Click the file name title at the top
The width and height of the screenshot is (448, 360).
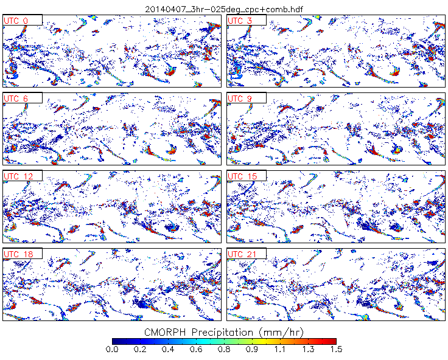point(223,9)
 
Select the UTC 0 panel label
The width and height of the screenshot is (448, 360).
point(17,21)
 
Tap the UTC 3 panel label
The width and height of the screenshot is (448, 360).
point(241,21)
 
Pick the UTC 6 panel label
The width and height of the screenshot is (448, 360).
point(17,99)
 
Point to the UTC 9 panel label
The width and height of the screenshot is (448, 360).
point(241,99)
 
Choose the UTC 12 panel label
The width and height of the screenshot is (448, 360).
point(18,176)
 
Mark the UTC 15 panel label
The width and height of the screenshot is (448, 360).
point(242,176)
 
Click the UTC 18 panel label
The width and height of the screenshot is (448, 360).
point(18,254)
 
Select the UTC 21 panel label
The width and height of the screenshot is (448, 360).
point(242,254)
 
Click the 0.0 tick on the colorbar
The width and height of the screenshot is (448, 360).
point(112,349)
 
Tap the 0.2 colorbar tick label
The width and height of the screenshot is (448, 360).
point(140,349)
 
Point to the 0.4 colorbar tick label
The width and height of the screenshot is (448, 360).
point(168,349)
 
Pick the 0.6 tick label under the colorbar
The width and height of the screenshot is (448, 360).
point(196,349)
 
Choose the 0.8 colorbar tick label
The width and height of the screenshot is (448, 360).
point(224,349)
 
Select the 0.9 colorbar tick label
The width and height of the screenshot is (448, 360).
point(252,349)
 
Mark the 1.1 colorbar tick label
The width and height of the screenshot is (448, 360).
point(280,349)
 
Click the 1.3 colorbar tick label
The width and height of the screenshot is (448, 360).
point(308,349)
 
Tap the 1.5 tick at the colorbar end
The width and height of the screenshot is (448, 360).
point(335,349)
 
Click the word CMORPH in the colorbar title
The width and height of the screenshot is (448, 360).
point(166,332)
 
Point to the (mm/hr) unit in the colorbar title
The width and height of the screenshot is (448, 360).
point(281,332)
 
